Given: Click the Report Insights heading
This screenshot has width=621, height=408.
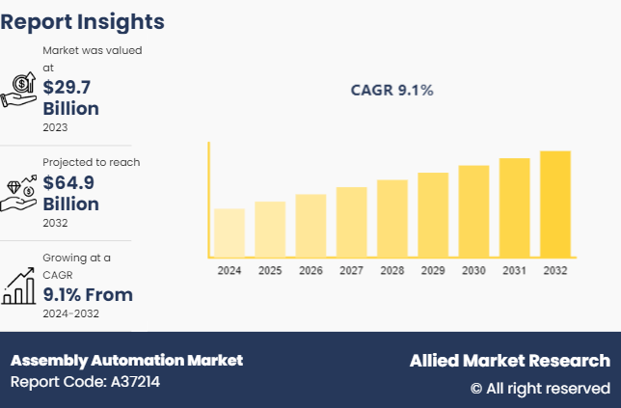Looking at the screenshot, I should [x=82, y=21].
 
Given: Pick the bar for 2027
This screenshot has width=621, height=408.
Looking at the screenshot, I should [x=352, y=221].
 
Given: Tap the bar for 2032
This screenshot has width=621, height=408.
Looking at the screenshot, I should [x=555, y=204].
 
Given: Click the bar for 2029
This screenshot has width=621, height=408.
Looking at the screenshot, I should [x=433, y=214].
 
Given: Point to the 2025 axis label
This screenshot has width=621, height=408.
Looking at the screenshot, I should [x=270, y=271].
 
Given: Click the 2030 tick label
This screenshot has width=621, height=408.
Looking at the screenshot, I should [x=473, y=271].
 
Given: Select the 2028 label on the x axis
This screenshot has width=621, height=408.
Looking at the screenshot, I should [x=392, y=271].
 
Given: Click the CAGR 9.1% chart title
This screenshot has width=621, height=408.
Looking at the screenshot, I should [x=391, y=91].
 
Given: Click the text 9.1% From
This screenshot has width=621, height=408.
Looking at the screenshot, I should [x=88, y=294].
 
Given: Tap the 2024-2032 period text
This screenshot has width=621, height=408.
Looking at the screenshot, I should [x=70, y=313].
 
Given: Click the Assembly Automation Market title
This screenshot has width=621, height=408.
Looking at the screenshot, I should [x=126, y=360].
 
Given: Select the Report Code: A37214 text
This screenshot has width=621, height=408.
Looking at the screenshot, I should [x=85, y=382].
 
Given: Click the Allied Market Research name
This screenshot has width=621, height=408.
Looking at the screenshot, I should [x=509, y=360].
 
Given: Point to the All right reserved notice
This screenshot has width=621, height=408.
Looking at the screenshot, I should [x=540, y=388].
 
